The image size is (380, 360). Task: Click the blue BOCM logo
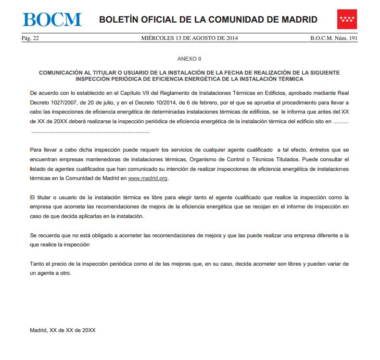[52, 19]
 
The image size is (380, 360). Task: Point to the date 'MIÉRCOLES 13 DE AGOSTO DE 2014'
[190, 38]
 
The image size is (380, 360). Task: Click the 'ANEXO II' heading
[190, 58]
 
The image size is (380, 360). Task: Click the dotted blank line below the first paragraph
[90, 131]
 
